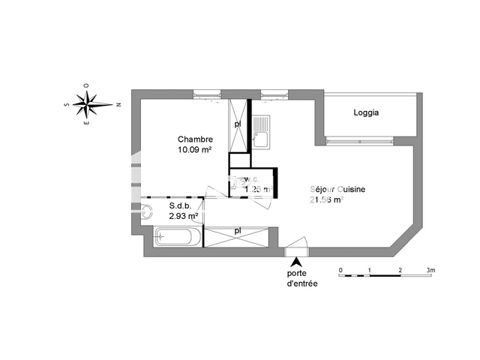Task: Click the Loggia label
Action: point(366,113)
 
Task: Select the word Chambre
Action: point(195,139)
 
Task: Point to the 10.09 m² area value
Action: point(194,149)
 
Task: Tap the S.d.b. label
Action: point(180,205)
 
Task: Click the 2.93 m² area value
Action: point(184,216)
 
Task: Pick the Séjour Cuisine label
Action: point(337,190)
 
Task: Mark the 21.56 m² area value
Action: point(325,200)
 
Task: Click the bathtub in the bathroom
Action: point(177,238)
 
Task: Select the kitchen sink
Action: point(260,137)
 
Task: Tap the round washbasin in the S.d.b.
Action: point(145,212)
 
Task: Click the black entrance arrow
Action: point(297,262)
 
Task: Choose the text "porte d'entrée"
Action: point(302,278)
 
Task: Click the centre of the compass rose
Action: point(88,105)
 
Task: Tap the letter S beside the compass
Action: point(67,105)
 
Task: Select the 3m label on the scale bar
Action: point(431,269)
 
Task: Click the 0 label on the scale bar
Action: point(340,269)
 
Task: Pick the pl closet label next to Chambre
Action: point(237,123)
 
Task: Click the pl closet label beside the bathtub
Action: point(238,230)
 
